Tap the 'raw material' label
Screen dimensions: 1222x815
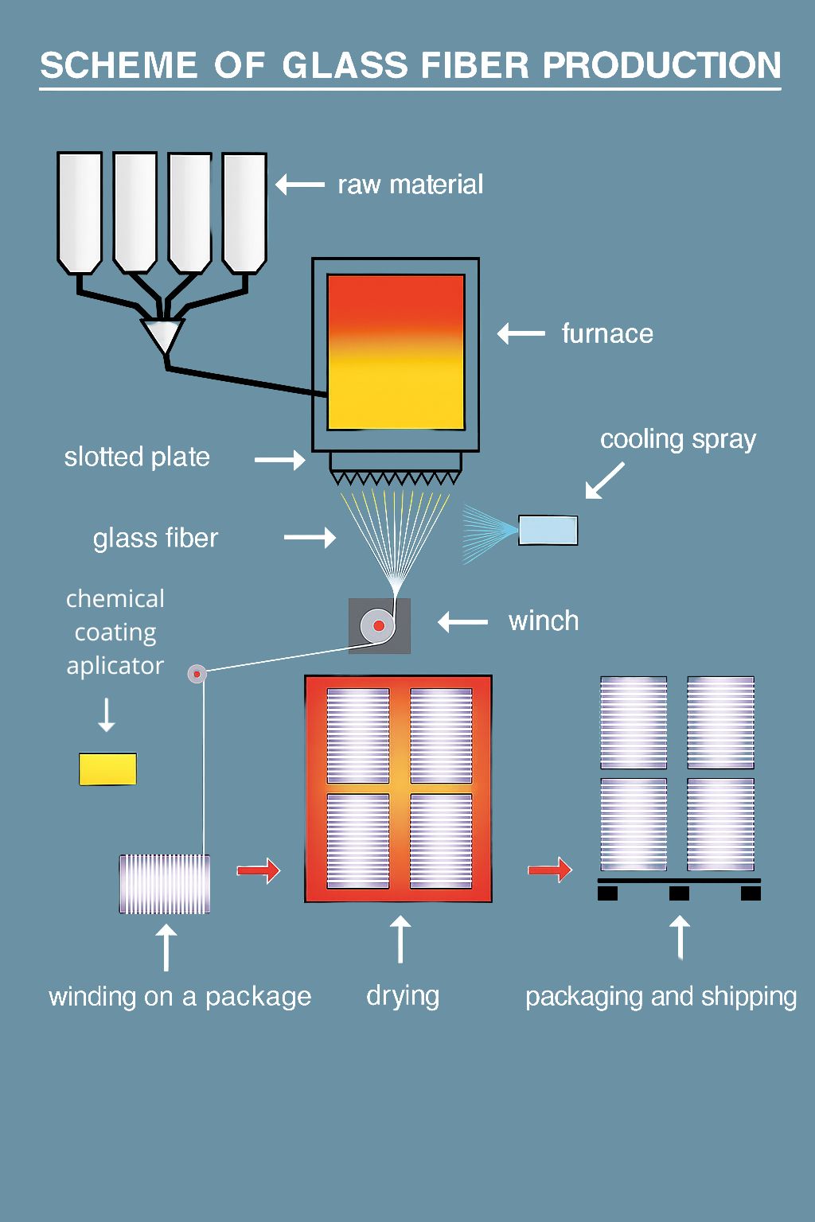pos(410,185)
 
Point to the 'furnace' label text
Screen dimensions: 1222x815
pos(607,333)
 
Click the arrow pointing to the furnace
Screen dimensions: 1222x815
pos(521,333)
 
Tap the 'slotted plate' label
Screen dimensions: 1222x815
pos(137,457)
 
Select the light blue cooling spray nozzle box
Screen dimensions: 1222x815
pos(548,530)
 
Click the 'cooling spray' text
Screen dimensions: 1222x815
pos(677,439)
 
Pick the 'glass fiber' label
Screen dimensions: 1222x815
pos(155,539)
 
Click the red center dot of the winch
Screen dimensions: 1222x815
pos(379,626)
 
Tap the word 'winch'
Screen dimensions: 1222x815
pos(544,621)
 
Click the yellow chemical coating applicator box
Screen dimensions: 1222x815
pos(107,769)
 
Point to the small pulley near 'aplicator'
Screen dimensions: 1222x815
pos(197,674)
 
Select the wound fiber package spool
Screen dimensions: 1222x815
pos(165,884)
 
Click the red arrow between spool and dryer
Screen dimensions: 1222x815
pos(259,870)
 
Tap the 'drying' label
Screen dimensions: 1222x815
pos(403,996)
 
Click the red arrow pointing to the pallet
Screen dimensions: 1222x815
pos(550,870)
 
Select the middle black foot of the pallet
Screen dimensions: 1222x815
pos(679,893)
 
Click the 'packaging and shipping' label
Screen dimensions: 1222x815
pos(661,997)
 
